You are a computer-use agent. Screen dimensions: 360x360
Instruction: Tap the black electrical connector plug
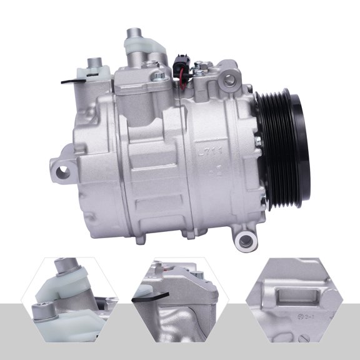pos(181,62)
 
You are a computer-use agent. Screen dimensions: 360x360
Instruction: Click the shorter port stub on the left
pos(94,64)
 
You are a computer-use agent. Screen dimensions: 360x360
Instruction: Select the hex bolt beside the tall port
pos(161,76)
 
